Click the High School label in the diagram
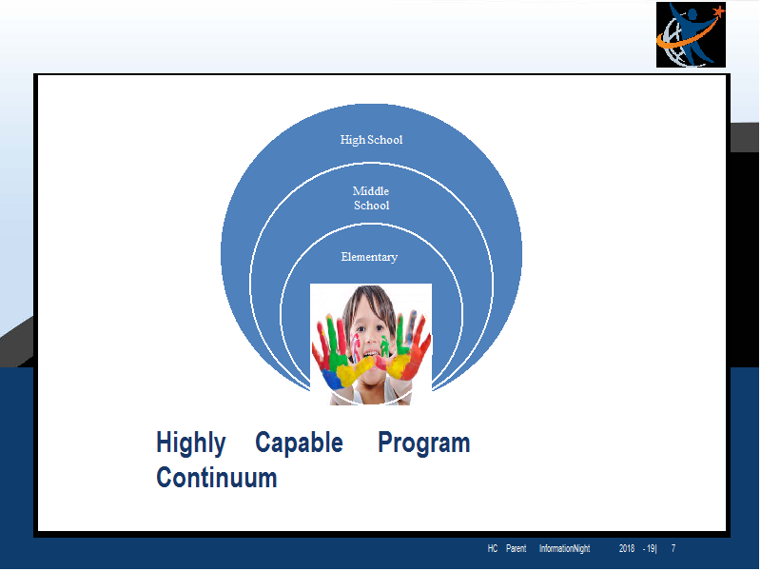(x=371, y=140)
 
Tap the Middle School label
(x=371, y=198)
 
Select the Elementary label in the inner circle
(x=369, y=257)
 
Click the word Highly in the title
(x=191, y=443)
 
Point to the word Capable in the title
(x=299, y=443)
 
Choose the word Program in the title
(x=424, y=443)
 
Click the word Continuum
(x=217, y=478)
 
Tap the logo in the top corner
(x=691, y=34)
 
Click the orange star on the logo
(x=718, y=10)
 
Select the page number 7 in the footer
(x=673, y=548)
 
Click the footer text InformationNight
(x=564, y=549)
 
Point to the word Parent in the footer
(x=516, y=548)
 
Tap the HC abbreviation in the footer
(x=493, y=548)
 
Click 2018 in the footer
(x=627, y=548)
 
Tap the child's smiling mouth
(x=372, y=353)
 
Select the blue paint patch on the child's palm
(x=332, y=379)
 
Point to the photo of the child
(x=371, y=345)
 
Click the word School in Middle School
(x=371, y=206)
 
